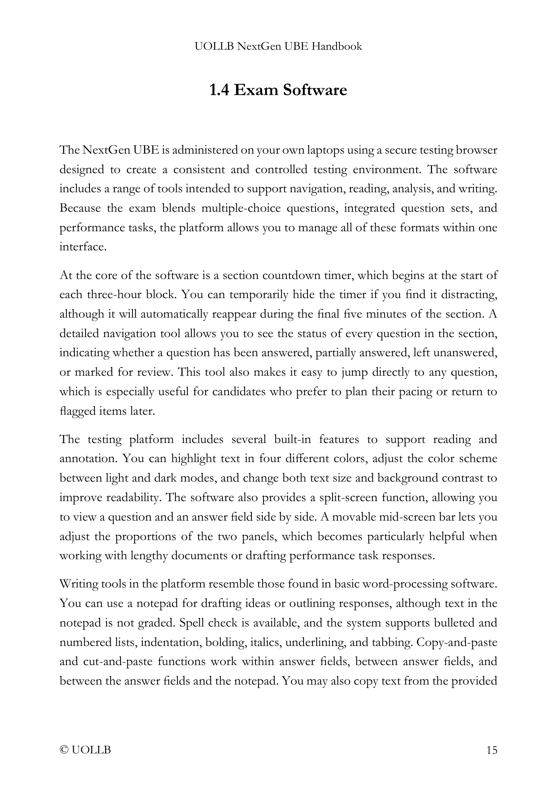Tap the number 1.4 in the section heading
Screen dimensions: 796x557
point(219,90)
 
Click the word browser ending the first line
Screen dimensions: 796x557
point(476,150)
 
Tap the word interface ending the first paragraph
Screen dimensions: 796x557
point(82,247)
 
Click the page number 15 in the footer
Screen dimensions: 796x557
point(492,751)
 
